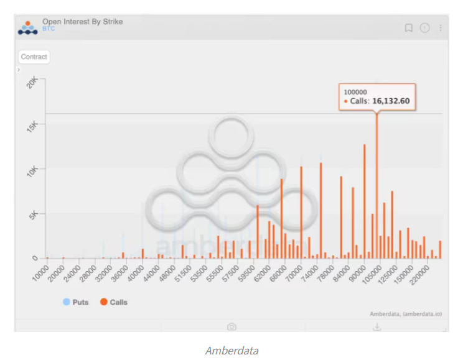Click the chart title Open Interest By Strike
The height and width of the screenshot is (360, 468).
click(x=82, y=22)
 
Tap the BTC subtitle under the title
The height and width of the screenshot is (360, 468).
click(x=49, y=29)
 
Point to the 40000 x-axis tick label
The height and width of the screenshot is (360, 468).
click(x=134, y=272)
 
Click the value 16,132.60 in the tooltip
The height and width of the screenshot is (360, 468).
click(x=391, y=101)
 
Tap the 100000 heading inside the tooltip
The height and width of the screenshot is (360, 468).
click(x=355, y=92)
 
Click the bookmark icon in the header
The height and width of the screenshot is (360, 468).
click(x=409, y=28)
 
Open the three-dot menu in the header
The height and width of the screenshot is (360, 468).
click(x=441, y=28)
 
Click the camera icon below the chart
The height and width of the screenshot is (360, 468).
click(x=232, y=326)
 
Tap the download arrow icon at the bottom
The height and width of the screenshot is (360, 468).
click(x=377, y=326)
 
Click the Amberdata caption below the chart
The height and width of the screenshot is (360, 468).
click(x=232, y=350)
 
